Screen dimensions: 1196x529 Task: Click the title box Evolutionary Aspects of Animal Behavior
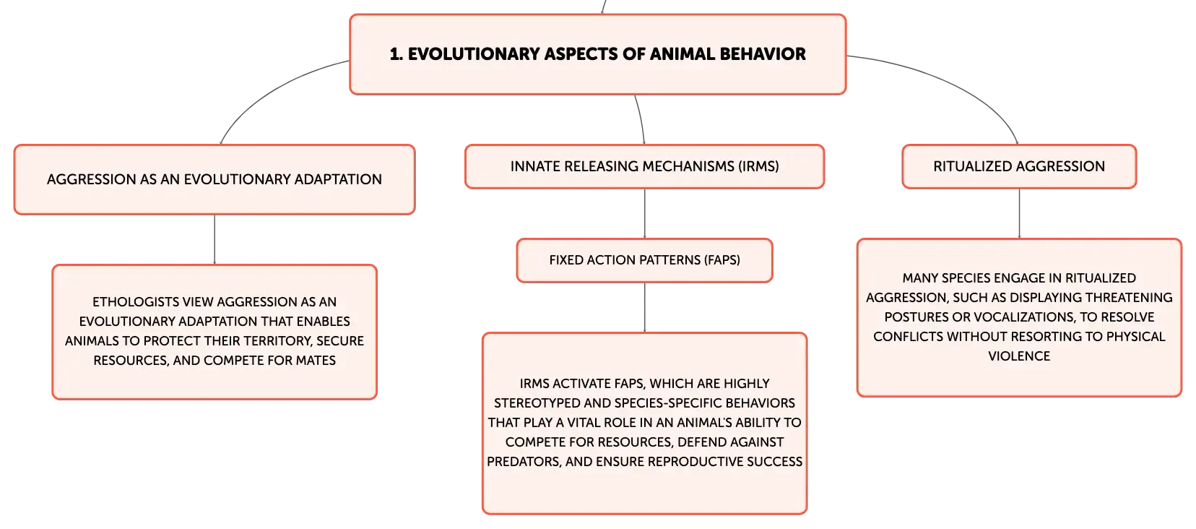(597, 54)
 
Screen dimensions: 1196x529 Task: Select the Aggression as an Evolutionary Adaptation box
(214, 179)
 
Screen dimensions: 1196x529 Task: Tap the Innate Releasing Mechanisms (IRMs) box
(644, 166)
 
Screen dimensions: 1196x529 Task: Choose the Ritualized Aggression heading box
(1019, 166)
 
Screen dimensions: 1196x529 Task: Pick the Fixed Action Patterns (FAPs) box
(644, 260)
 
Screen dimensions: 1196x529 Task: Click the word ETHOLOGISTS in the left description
(136, 302)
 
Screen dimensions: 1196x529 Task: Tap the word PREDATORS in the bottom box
(523, 462)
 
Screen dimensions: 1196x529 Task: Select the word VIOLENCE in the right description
(1019, 356)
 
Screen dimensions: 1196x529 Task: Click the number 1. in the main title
(396, 54)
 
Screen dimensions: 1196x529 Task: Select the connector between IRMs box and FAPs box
(644, 213)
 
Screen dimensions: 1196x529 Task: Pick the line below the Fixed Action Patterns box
(644, 307)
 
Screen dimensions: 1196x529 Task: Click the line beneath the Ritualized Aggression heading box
(1019, 213)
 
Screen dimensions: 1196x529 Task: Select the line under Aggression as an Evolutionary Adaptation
(214, 239)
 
